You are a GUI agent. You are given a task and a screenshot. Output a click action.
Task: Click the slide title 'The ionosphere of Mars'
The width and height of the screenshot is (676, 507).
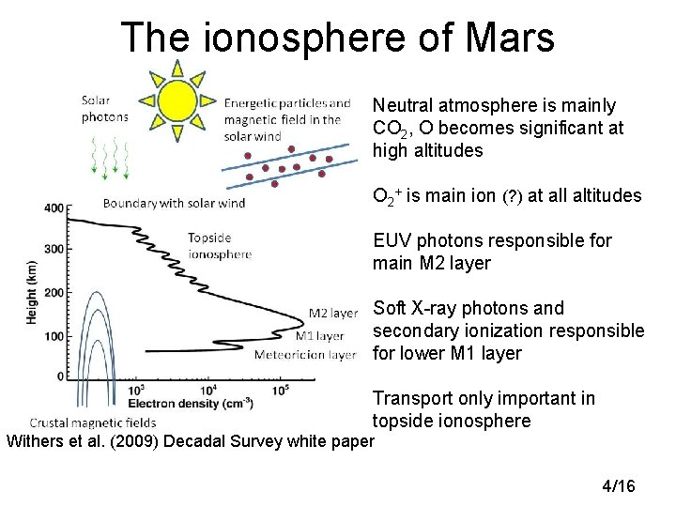(338, 38)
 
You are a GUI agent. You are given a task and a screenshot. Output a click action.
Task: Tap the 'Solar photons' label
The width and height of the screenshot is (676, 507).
(104, 109)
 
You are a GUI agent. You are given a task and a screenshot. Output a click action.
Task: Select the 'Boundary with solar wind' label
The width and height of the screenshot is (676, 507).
(174, 203)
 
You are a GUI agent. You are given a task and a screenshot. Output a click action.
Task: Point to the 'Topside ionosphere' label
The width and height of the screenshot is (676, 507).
(220, 246)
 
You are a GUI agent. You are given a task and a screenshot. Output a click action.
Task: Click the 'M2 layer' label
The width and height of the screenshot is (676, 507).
(334, 314)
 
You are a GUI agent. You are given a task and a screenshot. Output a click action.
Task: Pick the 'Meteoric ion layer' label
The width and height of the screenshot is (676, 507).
(305, 355)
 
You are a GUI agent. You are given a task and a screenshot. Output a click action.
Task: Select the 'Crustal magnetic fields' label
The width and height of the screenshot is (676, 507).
(93, 422)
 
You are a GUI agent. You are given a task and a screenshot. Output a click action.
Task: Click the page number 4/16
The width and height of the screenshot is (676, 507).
(618, 485)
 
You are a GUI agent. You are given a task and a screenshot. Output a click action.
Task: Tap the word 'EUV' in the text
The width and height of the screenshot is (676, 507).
(392, 241)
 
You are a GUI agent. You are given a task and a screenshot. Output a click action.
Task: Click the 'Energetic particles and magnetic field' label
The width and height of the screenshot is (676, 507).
(287, 119)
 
